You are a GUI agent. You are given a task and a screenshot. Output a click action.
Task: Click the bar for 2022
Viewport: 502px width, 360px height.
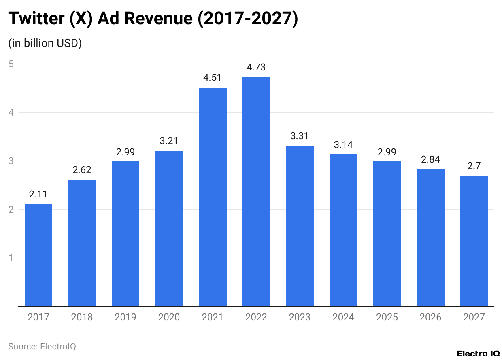tap(256, 192)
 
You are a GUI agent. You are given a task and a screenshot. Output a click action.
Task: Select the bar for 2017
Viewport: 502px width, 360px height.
tap(38, 255)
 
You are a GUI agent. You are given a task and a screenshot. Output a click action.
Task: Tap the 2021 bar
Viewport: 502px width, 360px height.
tap(213, 197)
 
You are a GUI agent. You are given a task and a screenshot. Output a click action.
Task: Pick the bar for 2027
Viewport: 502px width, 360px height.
tap(474, 241)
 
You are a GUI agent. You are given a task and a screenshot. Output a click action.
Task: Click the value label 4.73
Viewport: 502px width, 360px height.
tap(256, 68)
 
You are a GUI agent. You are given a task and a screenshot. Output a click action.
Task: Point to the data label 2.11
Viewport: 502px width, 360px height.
tap(38, 195)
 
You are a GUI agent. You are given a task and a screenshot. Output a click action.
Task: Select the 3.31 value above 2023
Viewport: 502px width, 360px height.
tap(300, 136)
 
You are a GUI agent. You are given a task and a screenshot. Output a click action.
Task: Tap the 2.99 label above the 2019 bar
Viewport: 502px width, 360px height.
tap(125, 152)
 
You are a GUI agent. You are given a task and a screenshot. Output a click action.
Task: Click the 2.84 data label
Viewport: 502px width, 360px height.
tap(430, 159)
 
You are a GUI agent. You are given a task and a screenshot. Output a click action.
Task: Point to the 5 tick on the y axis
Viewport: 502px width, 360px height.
tap(11, 64)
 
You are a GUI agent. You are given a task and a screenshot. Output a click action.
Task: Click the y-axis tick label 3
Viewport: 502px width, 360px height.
tap(11, 161)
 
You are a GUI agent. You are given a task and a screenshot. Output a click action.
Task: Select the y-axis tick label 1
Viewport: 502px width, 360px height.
tap(11, 258)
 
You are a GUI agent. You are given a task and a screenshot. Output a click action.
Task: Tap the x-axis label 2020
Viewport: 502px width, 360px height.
tap(169, 317)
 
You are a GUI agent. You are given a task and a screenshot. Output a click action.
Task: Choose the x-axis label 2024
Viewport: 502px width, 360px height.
tap(343, 317)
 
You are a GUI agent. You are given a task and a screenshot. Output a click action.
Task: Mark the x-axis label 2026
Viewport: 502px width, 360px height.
tap(430, 317)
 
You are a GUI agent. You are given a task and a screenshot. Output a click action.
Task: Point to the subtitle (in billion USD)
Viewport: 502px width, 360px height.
tap(45, 43)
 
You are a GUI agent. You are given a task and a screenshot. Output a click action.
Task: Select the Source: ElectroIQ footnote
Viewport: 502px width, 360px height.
tap(42, 347)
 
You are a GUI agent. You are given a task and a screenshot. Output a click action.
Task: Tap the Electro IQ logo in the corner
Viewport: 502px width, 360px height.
tap(478, 354)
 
